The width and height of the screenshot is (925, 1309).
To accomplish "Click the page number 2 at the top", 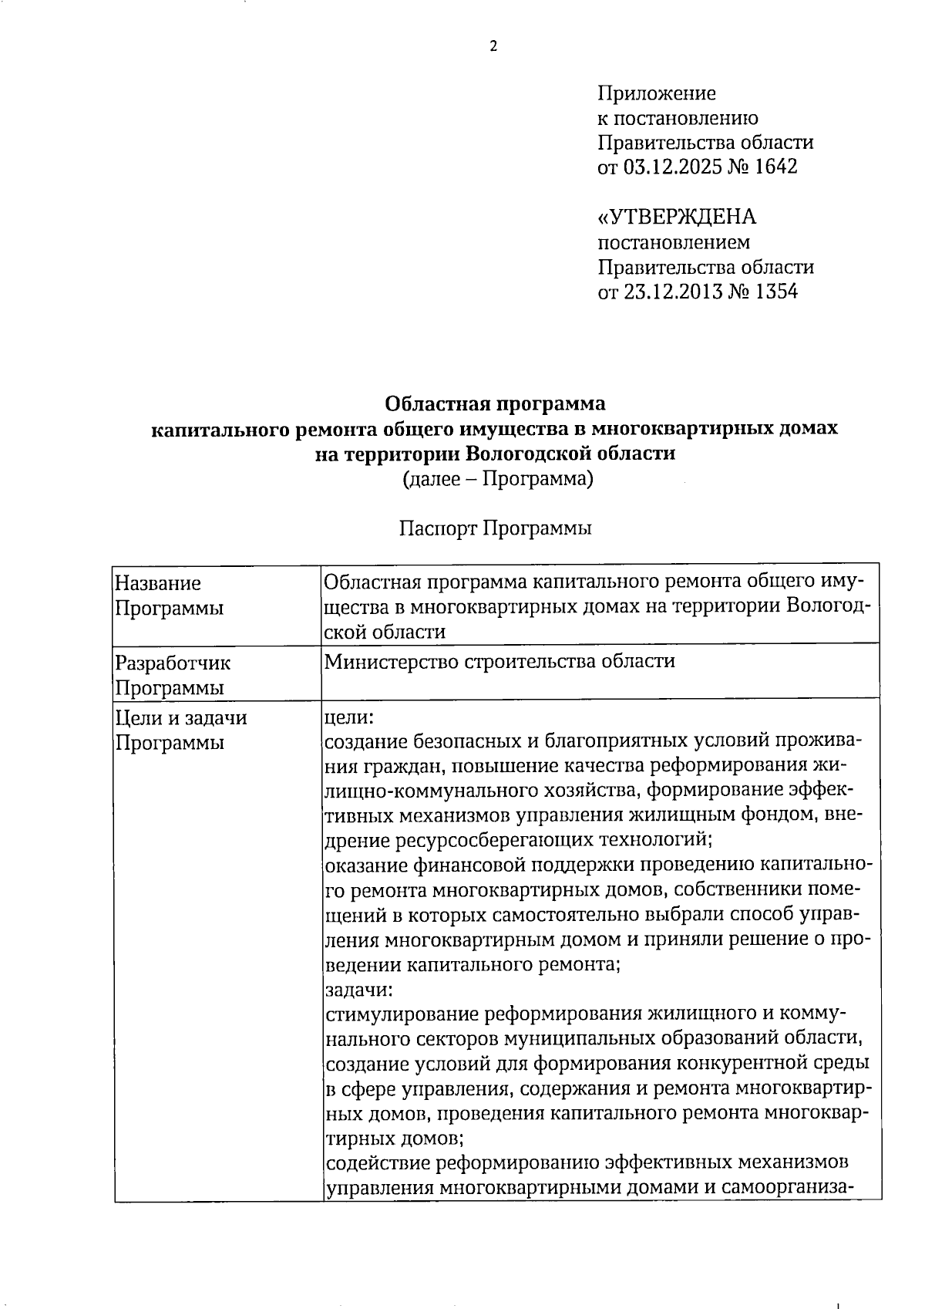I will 493,46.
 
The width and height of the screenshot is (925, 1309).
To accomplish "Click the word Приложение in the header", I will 657,94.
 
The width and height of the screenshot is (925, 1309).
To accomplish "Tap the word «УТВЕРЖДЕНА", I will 678,218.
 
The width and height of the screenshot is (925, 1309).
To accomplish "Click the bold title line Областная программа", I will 495,403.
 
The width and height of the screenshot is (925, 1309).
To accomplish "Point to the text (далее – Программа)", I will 497,478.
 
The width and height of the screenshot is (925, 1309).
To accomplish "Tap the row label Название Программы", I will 170,595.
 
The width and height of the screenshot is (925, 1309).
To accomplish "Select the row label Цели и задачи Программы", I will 181,730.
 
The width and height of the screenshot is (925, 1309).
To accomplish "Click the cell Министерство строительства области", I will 499,661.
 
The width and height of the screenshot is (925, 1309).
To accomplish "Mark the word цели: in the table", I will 348,717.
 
